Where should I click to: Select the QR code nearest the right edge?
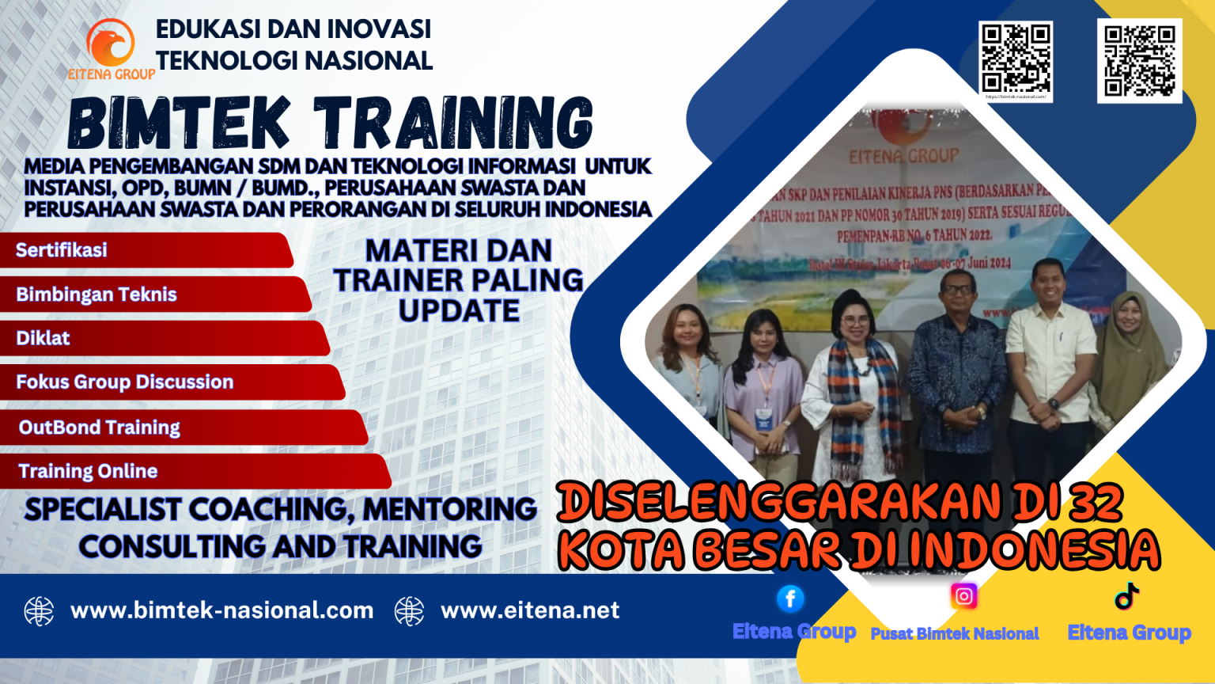[1139, 60]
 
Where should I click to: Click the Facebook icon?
[790, 598]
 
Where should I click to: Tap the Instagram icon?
[963, 596]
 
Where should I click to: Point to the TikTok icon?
[1126, 596]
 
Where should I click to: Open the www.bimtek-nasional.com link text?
[221, 610]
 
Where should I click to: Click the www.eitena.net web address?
[530, 610]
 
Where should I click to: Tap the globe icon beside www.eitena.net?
[410, 611]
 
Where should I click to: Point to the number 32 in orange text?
[1096, 502]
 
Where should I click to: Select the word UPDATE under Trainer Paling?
[459, 311]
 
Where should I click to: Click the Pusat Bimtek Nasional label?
[955, 633]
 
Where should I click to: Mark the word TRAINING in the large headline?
[454, 123]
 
